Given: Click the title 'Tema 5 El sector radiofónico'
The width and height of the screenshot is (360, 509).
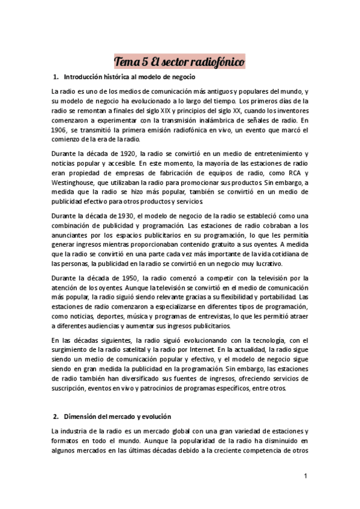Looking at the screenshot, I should [179, 62].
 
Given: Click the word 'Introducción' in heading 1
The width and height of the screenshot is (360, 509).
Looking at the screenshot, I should [85, 77].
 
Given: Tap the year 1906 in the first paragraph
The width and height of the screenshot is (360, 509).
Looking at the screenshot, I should [60, 130].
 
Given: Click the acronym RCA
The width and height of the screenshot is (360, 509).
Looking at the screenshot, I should [290, 173].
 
